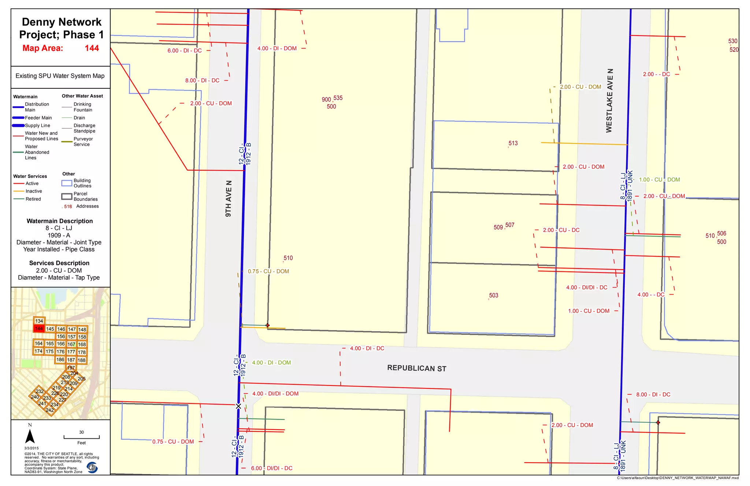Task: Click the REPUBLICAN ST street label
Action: coord(417,368)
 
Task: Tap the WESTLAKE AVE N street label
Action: coord(609,101)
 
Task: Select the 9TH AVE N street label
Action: coord(229,198)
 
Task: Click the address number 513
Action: coord(513,143)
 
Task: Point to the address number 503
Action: coord(493,296)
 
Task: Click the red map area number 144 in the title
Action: coord(92,48)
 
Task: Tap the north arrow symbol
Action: coord(30,436)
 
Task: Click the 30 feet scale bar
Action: coord(81,437)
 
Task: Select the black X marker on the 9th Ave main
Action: coord(238,406)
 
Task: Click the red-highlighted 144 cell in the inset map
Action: coord(39,329)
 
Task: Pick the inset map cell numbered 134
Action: coord(39,321)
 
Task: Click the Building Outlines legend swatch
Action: coord(67,183)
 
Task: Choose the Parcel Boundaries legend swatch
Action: coord(67,197)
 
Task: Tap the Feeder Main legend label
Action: coord(38,118)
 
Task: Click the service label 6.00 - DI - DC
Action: coord(185,51)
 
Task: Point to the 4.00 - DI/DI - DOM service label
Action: coord(275,394)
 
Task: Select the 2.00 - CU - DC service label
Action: coord(561,230)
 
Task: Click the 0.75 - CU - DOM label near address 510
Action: coord(268,271)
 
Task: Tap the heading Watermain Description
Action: coord(60,221)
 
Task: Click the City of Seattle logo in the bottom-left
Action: coord(92,467)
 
